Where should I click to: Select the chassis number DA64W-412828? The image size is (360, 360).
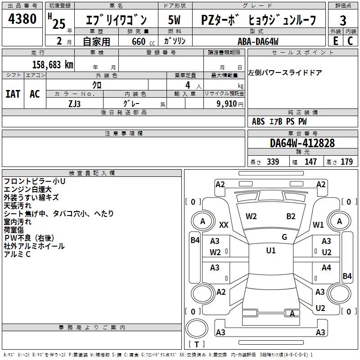point(302,143)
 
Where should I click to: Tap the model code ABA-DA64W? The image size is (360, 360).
point(258,41)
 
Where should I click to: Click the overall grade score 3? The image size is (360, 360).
point(343,21)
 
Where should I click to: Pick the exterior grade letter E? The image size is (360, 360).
point(336,41)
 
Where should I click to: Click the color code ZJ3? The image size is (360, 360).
point(75,103)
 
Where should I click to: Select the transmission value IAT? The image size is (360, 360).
point(13,94)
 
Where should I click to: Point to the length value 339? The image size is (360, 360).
point(272,162)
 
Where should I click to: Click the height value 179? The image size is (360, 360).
point(346,162)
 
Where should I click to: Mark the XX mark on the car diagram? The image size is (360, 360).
point(224,225)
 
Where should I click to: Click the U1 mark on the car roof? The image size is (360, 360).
point(271,251)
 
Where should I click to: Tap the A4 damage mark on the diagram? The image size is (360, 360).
point(326,268)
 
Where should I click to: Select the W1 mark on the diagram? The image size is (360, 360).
point(318,225)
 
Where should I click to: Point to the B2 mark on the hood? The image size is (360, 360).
point(291,216)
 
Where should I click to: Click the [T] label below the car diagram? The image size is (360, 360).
point(196,344)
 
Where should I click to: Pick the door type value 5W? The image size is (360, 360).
point(175,20)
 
